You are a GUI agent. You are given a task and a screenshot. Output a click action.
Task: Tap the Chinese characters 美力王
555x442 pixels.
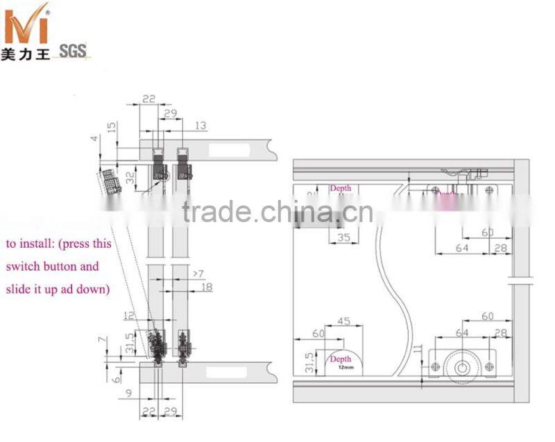pyautogui.click(x=25, y=53)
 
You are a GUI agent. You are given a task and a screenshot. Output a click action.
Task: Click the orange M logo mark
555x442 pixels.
pyautogui.click(x=25, y=25)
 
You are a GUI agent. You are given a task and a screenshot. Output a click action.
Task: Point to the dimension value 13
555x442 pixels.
pyautogui.click(x=200, y=126)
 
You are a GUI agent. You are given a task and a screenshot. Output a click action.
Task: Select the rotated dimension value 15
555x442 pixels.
pyautogui.click(x=112, y=128)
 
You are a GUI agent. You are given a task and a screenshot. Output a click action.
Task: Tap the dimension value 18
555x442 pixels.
pyautogui.click(x=206, y=287)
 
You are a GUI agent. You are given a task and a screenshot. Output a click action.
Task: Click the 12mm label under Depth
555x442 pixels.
pyautogui.click(x=341, y=367)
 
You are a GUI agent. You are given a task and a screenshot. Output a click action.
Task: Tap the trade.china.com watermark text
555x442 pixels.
pyautogui.click(x=277, y=211)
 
